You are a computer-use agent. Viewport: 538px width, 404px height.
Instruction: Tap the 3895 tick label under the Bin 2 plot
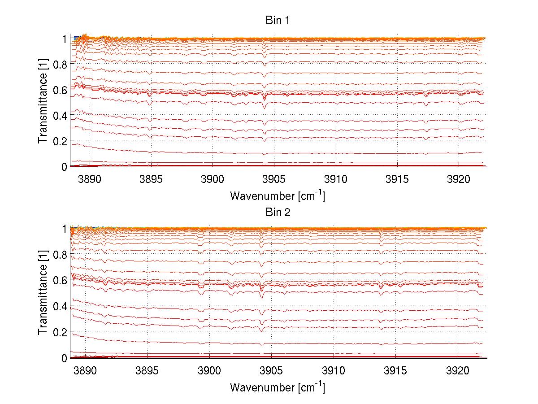tap(148, 370)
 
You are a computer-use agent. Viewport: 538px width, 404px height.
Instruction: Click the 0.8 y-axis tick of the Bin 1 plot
tap(60, 64)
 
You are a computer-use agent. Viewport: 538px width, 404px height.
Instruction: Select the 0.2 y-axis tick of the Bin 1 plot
tap(60, 141)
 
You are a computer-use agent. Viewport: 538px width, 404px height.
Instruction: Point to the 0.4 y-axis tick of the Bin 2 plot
tap(60, 306)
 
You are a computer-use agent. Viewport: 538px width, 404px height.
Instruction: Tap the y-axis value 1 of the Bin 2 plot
tap(64, 229)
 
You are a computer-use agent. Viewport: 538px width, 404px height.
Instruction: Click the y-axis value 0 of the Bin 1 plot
tap(64, 167)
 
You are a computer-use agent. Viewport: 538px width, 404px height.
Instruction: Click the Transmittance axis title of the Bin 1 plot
tap(43, 102)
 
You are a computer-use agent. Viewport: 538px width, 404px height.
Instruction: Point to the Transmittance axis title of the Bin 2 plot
tap(43, 293)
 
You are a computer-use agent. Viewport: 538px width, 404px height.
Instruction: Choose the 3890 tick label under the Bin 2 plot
tap(85, 370)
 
